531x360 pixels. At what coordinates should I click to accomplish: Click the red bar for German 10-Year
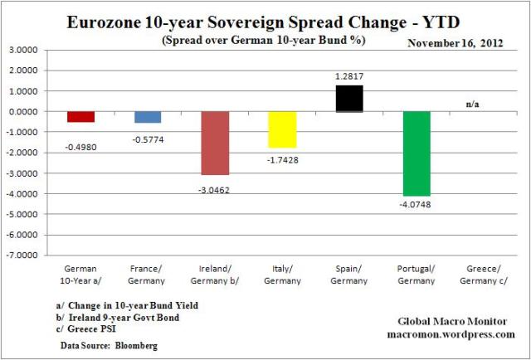[x=81, y=116]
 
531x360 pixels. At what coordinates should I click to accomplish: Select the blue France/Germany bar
[x=148, y=117]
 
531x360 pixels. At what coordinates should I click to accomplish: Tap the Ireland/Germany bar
[x=215, y=143]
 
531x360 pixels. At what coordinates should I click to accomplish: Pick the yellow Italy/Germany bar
[x=282, y=129]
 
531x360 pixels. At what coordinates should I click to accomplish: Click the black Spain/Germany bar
[x=349, y=98]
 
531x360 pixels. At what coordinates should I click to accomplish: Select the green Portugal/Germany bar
[x=417, y=153]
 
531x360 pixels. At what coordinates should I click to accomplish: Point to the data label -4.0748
[x=417, y=204]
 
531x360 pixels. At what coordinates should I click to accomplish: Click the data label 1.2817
[x=349, y=77]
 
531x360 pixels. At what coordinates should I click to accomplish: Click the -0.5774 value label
[x=148, y=139]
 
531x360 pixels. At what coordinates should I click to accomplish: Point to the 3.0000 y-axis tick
[x=27, y=50]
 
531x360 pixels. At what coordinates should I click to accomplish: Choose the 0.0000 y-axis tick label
[x=27, y=111]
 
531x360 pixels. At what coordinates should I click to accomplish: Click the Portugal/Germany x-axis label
[x=417, y=274]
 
